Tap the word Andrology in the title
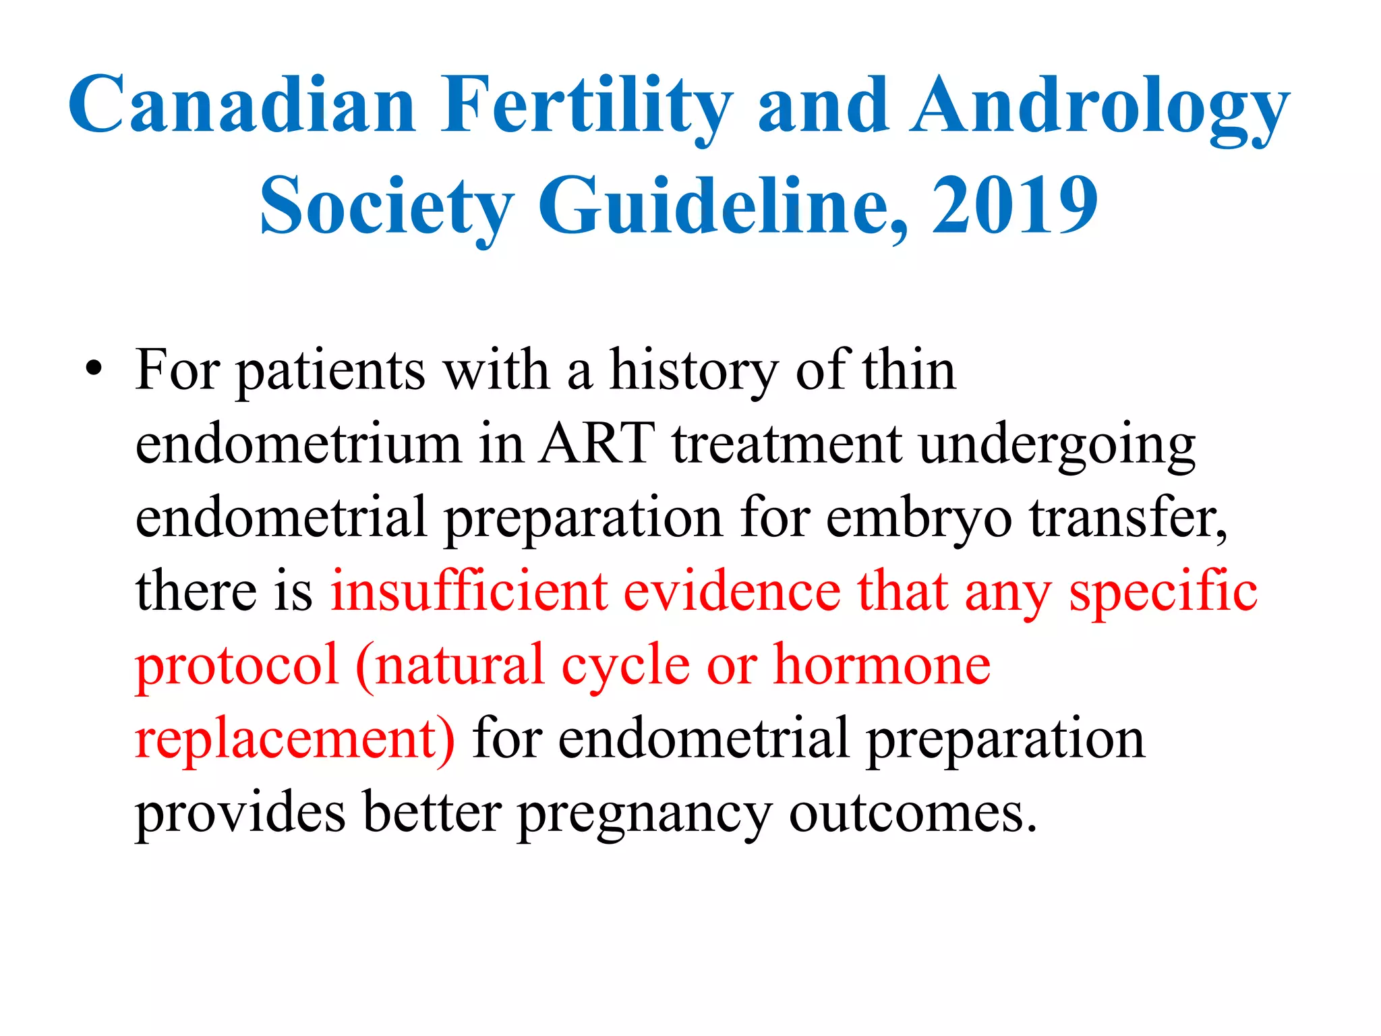[x=1100, y=107]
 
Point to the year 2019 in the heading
[x=1014, y=205]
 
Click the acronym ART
[x=596, y=444]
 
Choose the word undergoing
[x=1057, y=445]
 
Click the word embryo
[x=918, y=518]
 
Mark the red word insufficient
[x=469, y=591]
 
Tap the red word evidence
[x=732, y=591]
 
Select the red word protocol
[x=236, y=665]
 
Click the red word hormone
[x=881, y=664]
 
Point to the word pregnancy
[x=644, y=813]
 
